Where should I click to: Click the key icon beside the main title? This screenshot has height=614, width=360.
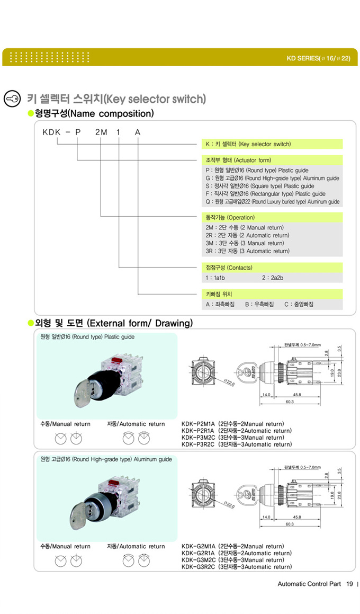point(12,99)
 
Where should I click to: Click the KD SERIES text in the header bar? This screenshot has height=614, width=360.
point(318,58)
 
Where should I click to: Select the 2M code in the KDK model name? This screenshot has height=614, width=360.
point(101,132)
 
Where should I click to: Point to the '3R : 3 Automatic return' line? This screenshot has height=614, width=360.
point(247,251)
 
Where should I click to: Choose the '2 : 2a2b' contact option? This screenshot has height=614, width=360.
point(272,278)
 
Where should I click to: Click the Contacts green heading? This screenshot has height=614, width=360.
point(229,268)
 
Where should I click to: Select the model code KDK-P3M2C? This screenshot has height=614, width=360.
point(199,438)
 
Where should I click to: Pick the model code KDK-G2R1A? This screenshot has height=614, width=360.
point(199,553)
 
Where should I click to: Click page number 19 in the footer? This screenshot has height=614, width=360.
point(349,584)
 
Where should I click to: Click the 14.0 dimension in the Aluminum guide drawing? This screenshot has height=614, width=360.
point(266,517)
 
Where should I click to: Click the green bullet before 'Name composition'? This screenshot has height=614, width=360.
point(31,114)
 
